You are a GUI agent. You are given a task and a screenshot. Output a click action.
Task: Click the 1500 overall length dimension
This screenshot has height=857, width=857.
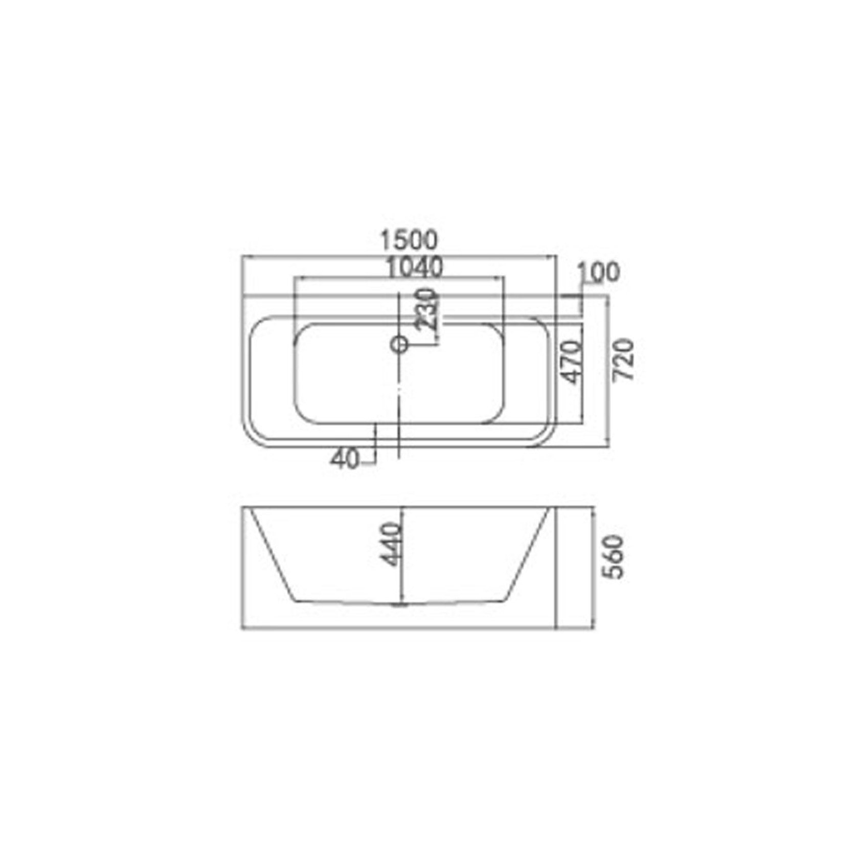tap(410, 240)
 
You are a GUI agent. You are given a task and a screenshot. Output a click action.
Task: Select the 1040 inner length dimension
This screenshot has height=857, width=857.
tap(414, 267)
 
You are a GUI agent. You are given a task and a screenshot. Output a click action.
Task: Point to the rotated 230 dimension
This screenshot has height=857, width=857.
tap(426, 309)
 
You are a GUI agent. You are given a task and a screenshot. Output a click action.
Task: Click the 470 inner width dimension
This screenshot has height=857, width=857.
tap(572, 362)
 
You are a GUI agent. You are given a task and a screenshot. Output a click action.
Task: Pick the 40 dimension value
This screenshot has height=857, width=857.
tap(345, 459)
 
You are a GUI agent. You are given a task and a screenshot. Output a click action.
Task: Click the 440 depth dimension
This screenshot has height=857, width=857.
tap(392, 544)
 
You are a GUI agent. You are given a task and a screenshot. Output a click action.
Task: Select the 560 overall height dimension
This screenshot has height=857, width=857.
tap(614, 557)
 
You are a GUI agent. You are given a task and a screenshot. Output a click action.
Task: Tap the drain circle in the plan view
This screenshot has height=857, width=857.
tap(399, 345)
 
